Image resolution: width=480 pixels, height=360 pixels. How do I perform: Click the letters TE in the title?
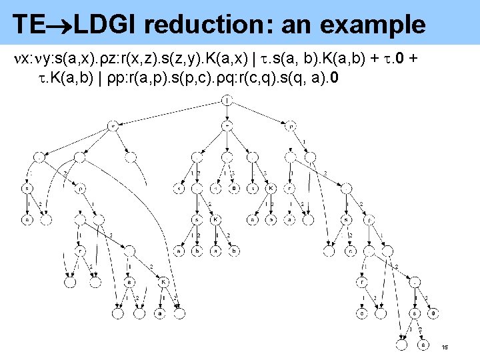[x=29, y=25]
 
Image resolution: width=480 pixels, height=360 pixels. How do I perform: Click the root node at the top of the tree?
[x=228, y=101]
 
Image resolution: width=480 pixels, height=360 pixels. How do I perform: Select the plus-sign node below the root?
[x=228, y=125]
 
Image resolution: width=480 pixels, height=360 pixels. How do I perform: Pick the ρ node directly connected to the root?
[x=291, y=125]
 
